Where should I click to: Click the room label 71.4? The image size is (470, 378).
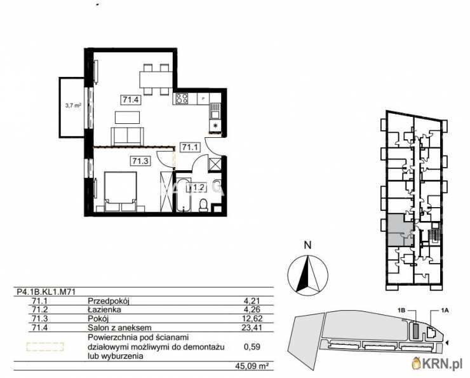[131, 98]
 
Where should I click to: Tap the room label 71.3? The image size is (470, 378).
[140, 161]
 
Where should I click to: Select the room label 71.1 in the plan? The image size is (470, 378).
[191, 147]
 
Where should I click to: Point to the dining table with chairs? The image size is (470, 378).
[155, 78]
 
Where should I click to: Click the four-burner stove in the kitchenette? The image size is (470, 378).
[182, 98]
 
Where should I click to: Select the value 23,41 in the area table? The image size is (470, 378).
[253, 328]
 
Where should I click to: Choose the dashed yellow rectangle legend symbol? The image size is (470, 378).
[44, 347]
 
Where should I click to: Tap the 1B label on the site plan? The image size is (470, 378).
[401, 310]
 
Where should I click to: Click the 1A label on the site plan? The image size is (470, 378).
[444, 310]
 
